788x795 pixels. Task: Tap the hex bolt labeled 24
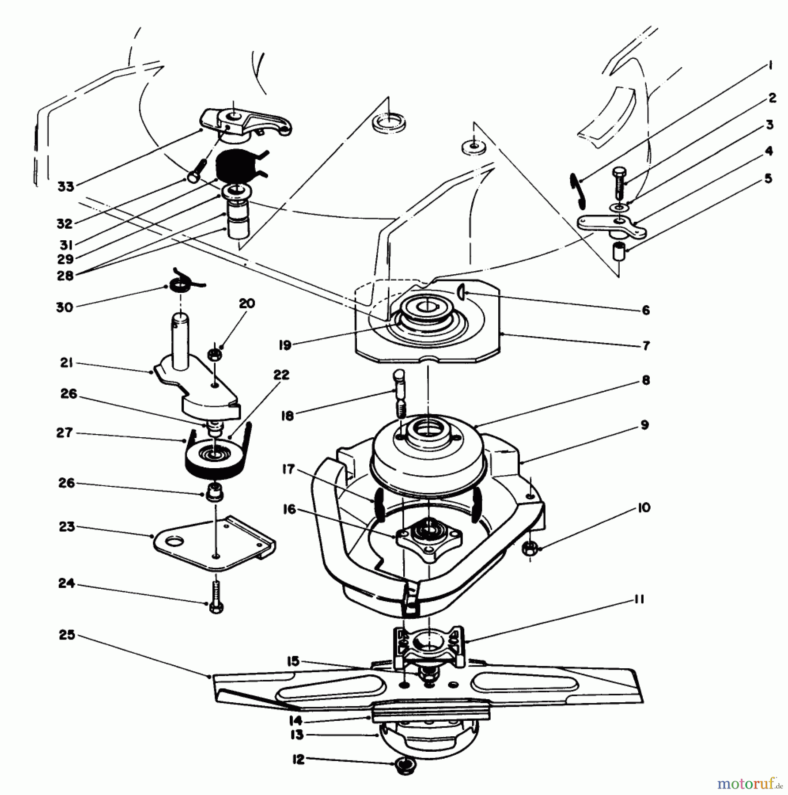click(x=216, y=596)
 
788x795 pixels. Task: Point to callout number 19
click(x=285, y=345)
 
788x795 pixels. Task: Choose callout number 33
click(x=65, y=186)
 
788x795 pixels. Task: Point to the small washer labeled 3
click(x=620, y=207)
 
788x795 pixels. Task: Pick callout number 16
click(x=289, y=510)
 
